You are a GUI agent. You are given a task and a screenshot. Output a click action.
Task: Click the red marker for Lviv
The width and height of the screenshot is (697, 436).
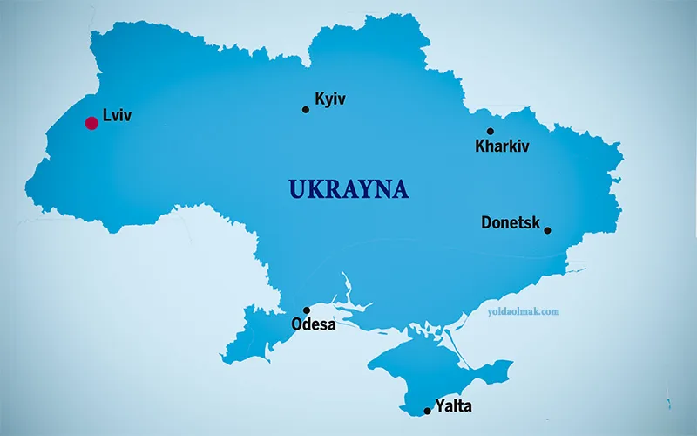point(91,123)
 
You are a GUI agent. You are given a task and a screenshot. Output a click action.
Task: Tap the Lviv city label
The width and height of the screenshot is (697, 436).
point(117,114)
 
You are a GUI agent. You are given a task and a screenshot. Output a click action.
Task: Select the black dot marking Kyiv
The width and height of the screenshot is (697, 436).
point(306,110)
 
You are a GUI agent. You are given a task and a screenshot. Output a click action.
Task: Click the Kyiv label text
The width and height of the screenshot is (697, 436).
point(330,99)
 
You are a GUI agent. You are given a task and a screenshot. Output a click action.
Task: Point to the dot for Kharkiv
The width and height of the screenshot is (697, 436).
point(490,132)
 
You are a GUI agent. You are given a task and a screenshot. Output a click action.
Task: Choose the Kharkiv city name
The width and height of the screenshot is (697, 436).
point(503,146)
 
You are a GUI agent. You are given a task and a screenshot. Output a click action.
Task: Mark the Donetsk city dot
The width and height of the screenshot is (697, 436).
point(547,230)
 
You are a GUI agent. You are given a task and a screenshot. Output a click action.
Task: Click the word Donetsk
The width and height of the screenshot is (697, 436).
point(511,223)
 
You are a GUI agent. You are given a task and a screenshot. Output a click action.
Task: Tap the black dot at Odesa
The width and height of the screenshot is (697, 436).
point(307,310)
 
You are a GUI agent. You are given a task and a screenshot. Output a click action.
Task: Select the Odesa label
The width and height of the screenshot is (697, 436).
point(313,325)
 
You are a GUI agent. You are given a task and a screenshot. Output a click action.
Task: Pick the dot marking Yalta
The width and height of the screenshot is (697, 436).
point(427,411)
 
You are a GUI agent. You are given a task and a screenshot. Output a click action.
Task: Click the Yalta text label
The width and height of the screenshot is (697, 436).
point(453,406)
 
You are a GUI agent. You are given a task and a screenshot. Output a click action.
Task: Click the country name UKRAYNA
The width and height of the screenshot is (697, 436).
point(348,189)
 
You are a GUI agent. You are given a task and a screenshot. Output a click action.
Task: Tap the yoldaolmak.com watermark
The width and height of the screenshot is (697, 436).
point(523,310)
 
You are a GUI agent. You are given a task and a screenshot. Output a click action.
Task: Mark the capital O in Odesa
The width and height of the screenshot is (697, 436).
point(296,325)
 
